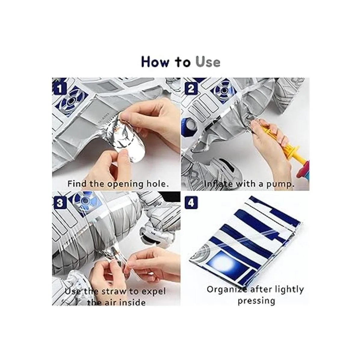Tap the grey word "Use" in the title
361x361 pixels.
pos(208,62)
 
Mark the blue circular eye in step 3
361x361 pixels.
pos(85,201)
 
